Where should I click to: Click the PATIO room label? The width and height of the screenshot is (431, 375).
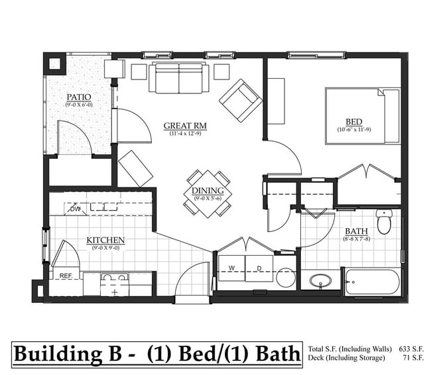click(78, 96)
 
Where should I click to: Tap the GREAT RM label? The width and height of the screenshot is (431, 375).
click(185, 125)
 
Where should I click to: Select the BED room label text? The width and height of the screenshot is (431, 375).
click(353, 122)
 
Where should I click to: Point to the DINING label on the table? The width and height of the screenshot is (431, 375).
click(208, 191)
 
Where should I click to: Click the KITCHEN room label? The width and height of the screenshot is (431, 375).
click(105, 240)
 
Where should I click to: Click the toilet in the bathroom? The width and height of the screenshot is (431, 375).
click(385, 222)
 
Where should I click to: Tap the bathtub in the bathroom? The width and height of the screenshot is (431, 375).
click(372, 282)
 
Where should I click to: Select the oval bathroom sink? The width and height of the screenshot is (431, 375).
click(321, 282)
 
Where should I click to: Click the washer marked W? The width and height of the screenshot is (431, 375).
click(231, 268)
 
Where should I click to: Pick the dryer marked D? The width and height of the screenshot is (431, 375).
click(259, 268)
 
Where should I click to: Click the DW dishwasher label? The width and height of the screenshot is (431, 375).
click(76, 209)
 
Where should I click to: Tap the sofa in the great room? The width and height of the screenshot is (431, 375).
click(178, 78)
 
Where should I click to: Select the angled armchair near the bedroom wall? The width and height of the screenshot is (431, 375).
click(241, 100)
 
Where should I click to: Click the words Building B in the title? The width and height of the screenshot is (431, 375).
click(68, 352)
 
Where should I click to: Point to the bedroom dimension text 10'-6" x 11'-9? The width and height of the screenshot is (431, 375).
click(353, 131)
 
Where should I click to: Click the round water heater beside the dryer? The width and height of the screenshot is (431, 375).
click(286, 278)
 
